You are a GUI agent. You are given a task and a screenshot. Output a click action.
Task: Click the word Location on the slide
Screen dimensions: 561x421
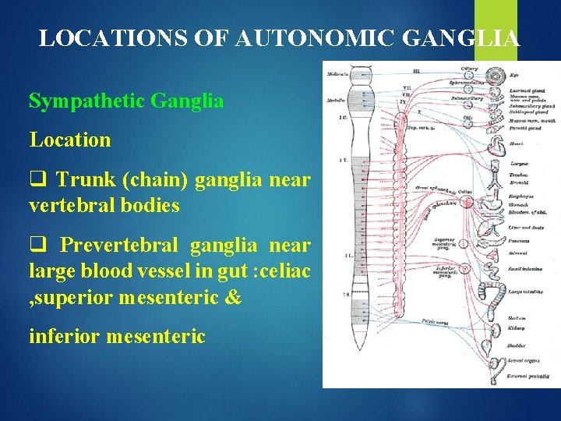coord(70,140)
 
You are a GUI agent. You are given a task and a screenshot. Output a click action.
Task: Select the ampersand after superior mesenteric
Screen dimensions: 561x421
coord(233,298)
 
